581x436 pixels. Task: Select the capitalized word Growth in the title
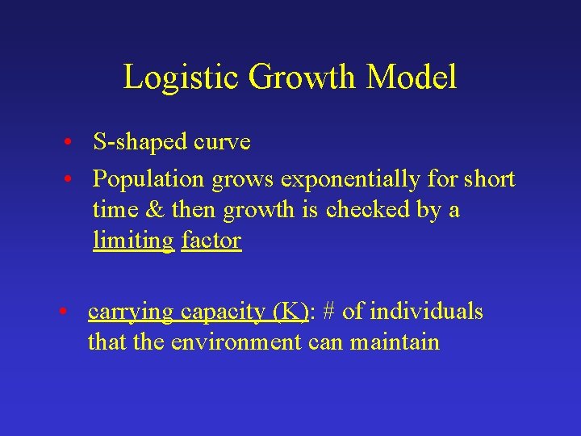coord(303,78)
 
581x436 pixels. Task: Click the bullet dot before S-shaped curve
coord(72,144)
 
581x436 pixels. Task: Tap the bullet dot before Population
coord(72,178)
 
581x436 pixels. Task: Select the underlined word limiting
coord(133,241)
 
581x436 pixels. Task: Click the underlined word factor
coord(211,241)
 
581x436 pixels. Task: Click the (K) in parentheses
coord(290,312)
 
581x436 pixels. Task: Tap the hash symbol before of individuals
coord(328,312)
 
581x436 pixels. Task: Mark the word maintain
coord(395,342)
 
